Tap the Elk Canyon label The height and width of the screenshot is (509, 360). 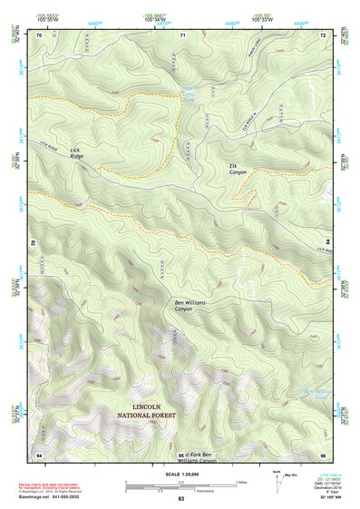[238, 169]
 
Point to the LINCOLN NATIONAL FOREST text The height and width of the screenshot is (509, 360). [153, 411]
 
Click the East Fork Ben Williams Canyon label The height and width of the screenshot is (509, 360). [198, 457]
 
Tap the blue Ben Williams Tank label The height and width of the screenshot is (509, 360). [314, 395]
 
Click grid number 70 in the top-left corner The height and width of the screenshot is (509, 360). [39, 34]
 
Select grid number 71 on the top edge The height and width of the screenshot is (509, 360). [182, 34]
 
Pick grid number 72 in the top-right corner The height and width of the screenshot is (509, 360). [322, 34]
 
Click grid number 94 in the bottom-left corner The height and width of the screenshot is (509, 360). [39, 453]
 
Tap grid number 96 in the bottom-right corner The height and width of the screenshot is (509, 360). [322, 453]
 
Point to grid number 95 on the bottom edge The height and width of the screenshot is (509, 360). [181, 454]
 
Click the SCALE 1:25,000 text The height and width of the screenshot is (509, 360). [180, 474]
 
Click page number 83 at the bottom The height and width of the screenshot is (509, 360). [180, 500]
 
